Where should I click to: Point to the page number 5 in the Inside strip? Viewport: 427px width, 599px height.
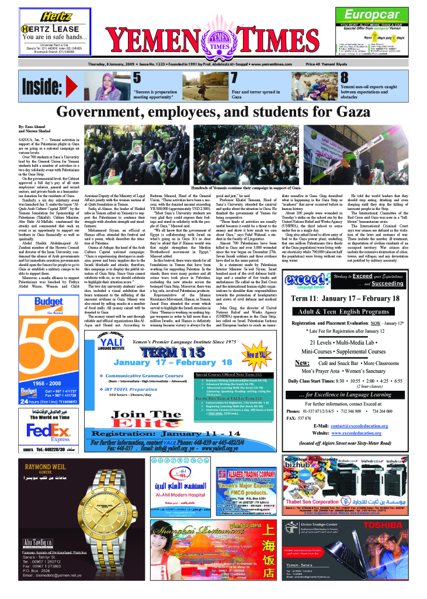click(x=137, y=78)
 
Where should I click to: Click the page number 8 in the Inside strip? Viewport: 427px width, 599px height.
click(x=345, y=78)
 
